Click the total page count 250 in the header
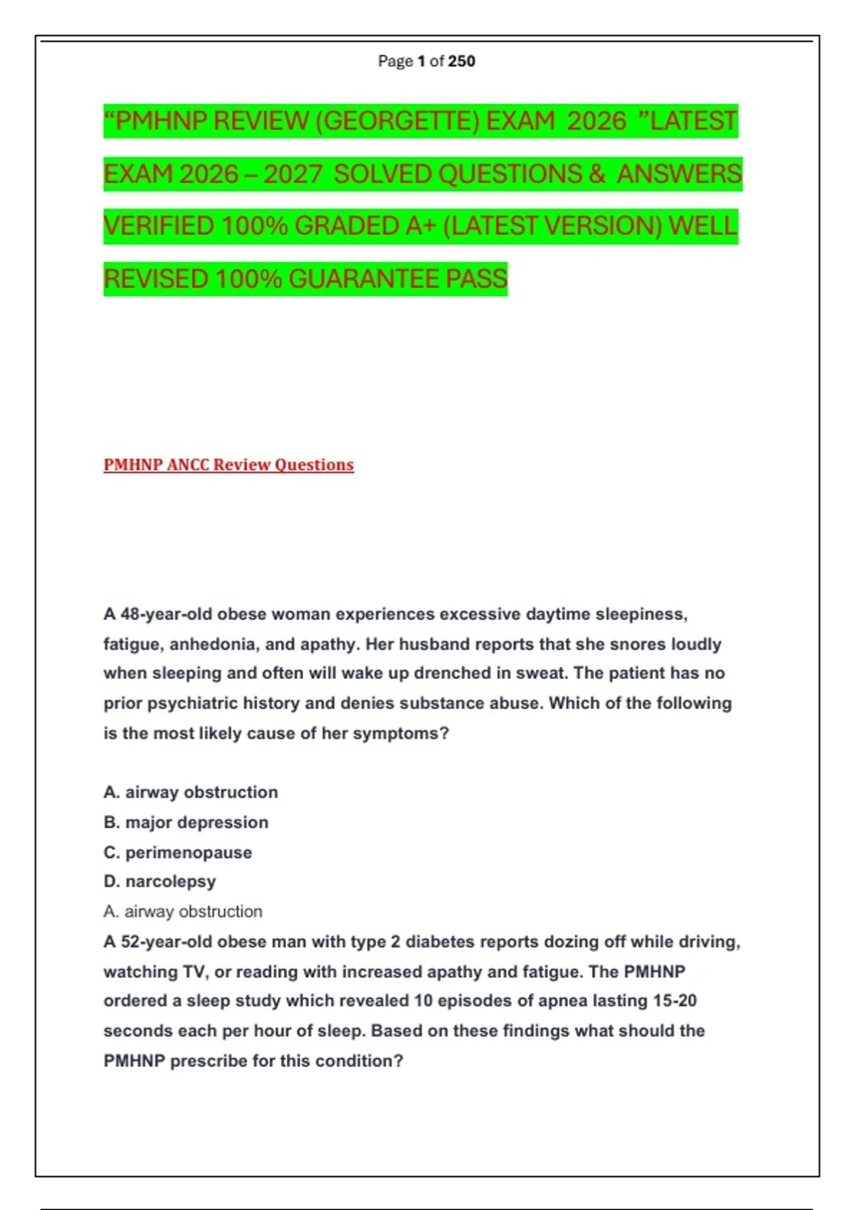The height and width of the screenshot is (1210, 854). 462,61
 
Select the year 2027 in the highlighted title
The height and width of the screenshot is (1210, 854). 293,174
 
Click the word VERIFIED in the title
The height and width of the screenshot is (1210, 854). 159,226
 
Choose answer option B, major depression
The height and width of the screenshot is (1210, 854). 186,822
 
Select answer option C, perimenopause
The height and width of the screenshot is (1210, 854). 178,852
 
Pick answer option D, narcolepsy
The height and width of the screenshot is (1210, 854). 160,881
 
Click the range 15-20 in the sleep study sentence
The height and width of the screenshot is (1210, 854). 675,1001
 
